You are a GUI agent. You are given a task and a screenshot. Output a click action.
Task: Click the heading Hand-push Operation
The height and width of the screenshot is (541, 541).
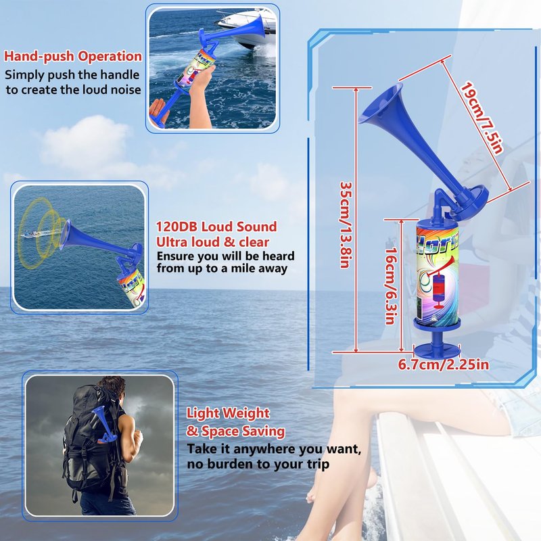click(73, 57)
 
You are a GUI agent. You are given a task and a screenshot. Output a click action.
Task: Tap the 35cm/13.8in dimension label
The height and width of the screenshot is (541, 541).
click(346, 225)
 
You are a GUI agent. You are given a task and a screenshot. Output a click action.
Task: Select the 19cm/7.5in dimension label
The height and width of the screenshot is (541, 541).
click(482, 118)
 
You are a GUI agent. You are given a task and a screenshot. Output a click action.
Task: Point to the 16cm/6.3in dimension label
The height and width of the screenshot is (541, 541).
click(390, 285)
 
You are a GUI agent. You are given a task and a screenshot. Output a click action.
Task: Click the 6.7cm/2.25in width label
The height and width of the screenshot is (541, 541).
click(444, 364)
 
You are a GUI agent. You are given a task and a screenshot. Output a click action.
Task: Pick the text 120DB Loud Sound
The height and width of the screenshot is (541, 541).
click(216, 227)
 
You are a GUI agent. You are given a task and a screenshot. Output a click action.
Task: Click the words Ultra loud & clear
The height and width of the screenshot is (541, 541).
click(212, 242)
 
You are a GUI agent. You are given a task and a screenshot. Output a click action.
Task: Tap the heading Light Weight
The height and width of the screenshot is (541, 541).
click(228, 413)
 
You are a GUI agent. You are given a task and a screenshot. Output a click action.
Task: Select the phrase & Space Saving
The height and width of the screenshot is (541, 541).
click(236, 431)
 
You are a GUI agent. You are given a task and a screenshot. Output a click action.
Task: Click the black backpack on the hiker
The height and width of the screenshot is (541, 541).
click(89, 438)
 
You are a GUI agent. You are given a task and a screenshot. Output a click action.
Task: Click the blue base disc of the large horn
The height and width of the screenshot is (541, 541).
click(437, 351)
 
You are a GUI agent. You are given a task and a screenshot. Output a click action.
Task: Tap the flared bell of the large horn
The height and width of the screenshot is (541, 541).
click(382, 103)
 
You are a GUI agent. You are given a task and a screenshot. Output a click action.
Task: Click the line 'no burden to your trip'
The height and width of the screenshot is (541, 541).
click(258, 465)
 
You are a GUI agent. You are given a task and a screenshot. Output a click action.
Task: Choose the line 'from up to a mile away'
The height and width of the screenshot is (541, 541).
click(222, 268)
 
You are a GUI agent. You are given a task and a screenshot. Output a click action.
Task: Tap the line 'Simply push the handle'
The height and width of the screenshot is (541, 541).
click(72, 75)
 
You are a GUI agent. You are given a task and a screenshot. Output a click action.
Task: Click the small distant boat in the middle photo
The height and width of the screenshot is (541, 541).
click(31, 235)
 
